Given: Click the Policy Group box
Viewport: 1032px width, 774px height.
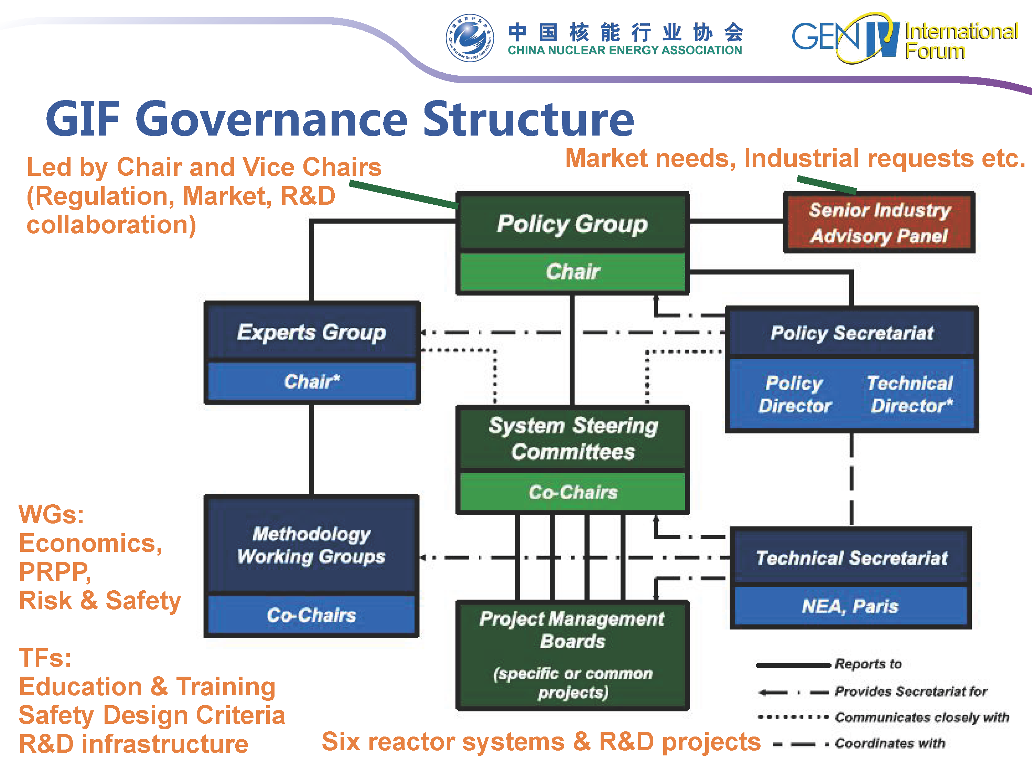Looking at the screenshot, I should tap(572, 224).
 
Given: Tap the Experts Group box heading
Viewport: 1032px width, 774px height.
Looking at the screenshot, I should tap(312, 332).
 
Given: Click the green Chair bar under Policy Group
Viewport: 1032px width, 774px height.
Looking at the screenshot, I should tap(572, 271).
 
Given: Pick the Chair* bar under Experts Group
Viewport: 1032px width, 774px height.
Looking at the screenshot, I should tap(312, 381).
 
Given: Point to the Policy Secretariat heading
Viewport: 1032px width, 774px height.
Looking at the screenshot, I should tap(851, 333).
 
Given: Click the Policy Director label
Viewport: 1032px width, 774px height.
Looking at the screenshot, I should tap(795, 394).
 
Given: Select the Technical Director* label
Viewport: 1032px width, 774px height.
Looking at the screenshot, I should tap(910, 394).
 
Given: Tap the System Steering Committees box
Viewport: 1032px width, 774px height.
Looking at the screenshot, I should tap(572, 439).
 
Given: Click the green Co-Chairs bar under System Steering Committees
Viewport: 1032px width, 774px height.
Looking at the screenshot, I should tap(572, 492).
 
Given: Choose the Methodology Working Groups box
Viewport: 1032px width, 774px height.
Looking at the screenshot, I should tap(311, 545).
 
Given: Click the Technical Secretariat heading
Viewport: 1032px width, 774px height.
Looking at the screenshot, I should tap(851, 558).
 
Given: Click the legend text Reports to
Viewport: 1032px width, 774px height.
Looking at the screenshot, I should tap(868, 664).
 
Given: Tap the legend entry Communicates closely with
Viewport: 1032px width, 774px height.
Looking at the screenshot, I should tap(922, 717).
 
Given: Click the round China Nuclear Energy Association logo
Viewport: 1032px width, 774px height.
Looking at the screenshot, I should tap(469, 38).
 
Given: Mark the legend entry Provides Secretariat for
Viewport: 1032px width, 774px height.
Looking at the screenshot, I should tap(910, 691).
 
